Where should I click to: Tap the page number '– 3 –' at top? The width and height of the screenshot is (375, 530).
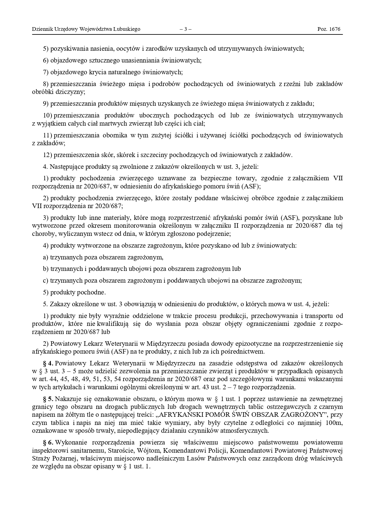click(186, 29)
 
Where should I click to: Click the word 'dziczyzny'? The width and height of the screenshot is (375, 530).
click(72, 92)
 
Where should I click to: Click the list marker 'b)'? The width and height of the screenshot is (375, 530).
click(46, 269)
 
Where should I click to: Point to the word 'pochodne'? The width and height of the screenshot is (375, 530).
click(92, 292)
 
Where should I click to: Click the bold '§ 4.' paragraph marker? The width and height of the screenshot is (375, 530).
click(48, 363)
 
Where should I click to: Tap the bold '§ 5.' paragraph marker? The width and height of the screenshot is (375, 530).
click(48, 399)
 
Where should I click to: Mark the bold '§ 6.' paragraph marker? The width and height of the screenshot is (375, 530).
click(48, 443)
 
